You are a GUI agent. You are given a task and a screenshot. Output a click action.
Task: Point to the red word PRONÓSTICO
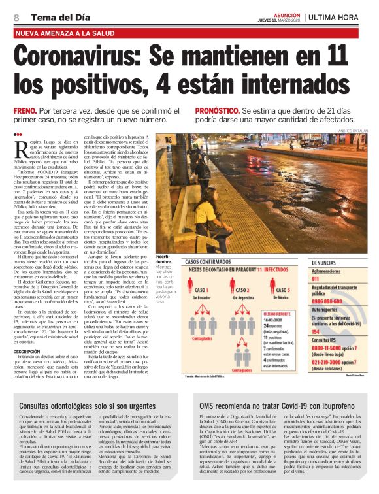218,112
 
